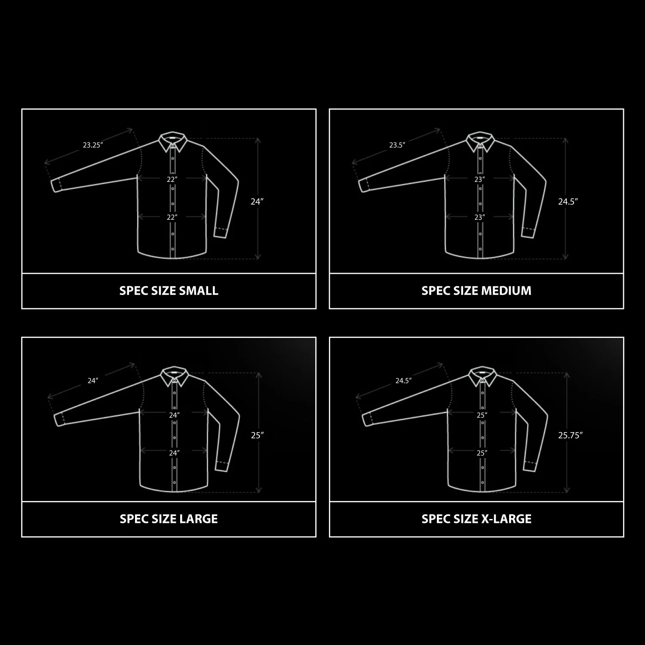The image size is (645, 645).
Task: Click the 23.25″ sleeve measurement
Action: pos(93,145)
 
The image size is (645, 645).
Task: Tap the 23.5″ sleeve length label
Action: pos(397,145)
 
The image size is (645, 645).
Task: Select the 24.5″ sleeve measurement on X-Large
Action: pos(403,381)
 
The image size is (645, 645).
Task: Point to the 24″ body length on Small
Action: pos(257,201)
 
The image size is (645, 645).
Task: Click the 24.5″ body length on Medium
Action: pos(568,201)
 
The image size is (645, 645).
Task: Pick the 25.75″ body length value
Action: pos(570,435)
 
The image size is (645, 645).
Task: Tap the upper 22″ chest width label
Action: pos(172,179)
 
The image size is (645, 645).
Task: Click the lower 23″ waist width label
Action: pos(479,217)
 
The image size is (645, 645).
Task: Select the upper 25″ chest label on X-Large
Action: pos(482,415)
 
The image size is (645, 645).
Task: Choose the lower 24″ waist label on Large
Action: pos(174,453)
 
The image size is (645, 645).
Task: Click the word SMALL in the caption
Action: pos(199,291)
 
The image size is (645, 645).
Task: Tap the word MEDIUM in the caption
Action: pos(506,291)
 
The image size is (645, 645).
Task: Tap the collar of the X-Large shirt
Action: pos(482,376)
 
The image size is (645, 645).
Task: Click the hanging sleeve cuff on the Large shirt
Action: pos(221,466)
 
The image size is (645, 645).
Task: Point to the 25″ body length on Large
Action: pos(257,435)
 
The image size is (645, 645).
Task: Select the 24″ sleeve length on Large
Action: pos(92,381)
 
